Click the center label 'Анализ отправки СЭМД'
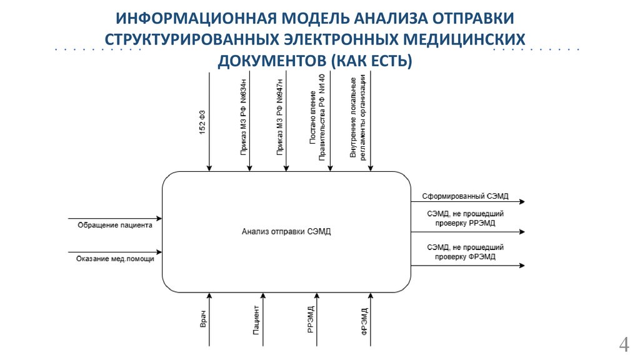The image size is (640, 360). click(286, 231)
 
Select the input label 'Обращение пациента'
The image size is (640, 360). click(115, 225)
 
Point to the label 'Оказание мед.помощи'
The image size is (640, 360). click(115, 258)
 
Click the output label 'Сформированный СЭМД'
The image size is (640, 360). click(465, 196)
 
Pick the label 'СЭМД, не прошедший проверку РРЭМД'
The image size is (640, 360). click(465, 217)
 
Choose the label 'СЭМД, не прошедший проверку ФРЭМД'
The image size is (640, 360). click(465, 252)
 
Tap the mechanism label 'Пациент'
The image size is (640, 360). click(257, 320)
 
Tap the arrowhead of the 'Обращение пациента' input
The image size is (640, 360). click(159, 219)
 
